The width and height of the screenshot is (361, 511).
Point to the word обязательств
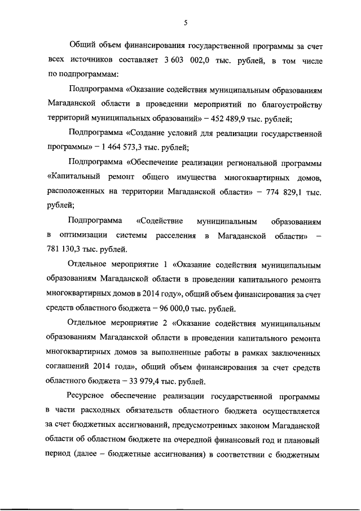click(169, 411)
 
